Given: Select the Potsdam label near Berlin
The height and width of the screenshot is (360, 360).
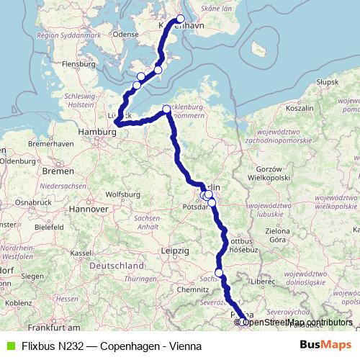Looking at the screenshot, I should coord(196,205).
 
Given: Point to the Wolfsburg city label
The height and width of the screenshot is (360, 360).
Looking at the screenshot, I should coord(122,194).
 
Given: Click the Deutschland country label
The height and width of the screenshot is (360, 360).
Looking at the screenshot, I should coord(117,265).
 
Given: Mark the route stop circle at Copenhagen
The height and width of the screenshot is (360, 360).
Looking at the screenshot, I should coord(180,19).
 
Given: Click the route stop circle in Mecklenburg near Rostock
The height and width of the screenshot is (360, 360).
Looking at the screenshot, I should coord(167,109).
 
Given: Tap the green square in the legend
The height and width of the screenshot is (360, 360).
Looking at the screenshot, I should coord(9,346).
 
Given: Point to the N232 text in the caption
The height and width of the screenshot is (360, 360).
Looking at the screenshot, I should coord(70,346).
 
